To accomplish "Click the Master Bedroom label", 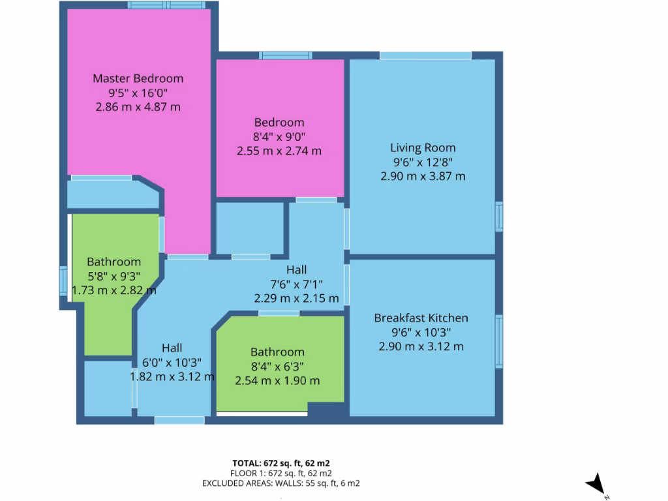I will point(138,78).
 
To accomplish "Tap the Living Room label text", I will point(423,147).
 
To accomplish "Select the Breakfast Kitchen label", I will point(421,318).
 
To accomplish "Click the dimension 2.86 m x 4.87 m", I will point(138,107).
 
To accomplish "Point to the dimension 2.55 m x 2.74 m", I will point(279,151).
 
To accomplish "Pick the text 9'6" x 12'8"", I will point(423,162).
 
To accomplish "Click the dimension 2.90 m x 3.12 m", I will point(421,346).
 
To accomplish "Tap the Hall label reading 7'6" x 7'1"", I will point(296,284).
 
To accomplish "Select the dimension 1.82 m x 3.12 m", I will point(172,376).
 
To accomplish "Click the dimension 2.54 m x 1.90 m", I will point(277,380).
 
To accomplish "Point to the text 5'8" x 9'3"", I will point(114,276).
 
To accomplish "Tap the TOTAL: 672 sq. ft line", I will point(281,463).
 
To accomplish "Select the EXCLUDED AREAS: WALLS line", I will point(281,483).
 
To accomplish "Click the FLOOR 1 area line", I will point(281,473).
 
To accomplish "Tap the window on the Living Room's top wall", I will point(425,55).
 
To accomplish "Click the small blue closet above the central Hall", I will point(250,228).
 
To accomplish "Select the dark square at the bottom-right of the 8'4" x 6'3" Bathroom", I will point(326,411).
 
